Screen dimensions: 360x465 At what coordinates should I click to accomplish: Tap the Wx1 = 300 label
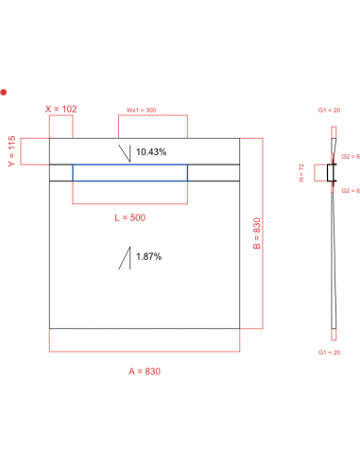pos(142,109)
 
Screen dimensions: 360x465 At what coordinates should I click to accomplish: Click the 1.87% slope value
pos(148,256)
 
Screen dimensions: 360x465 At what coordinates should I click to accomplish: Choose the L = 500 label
pos(129,217)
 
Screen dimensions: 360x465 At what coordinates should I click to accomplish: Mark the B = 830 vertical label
pos(256,234)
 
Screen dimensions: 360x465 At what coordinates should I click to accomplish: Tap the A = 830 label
pos(145,371)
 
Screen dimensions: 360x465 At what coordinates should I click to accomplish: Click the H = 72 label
pos(301,173)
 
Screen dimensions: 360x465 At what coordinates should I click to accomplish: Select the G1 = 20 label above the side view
pos(328,111)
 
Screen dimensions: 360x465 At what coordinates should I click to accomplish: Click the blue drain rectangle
pos(129,172)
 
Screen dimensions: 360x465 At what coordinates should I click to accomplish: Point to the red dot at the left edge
pos(4,93)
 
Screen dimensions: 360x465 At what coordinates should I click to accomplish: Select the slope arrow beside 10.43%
pos(125,153)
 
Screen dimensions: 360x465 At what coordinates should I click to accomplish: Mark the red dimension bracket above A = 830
pos(145,352)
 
